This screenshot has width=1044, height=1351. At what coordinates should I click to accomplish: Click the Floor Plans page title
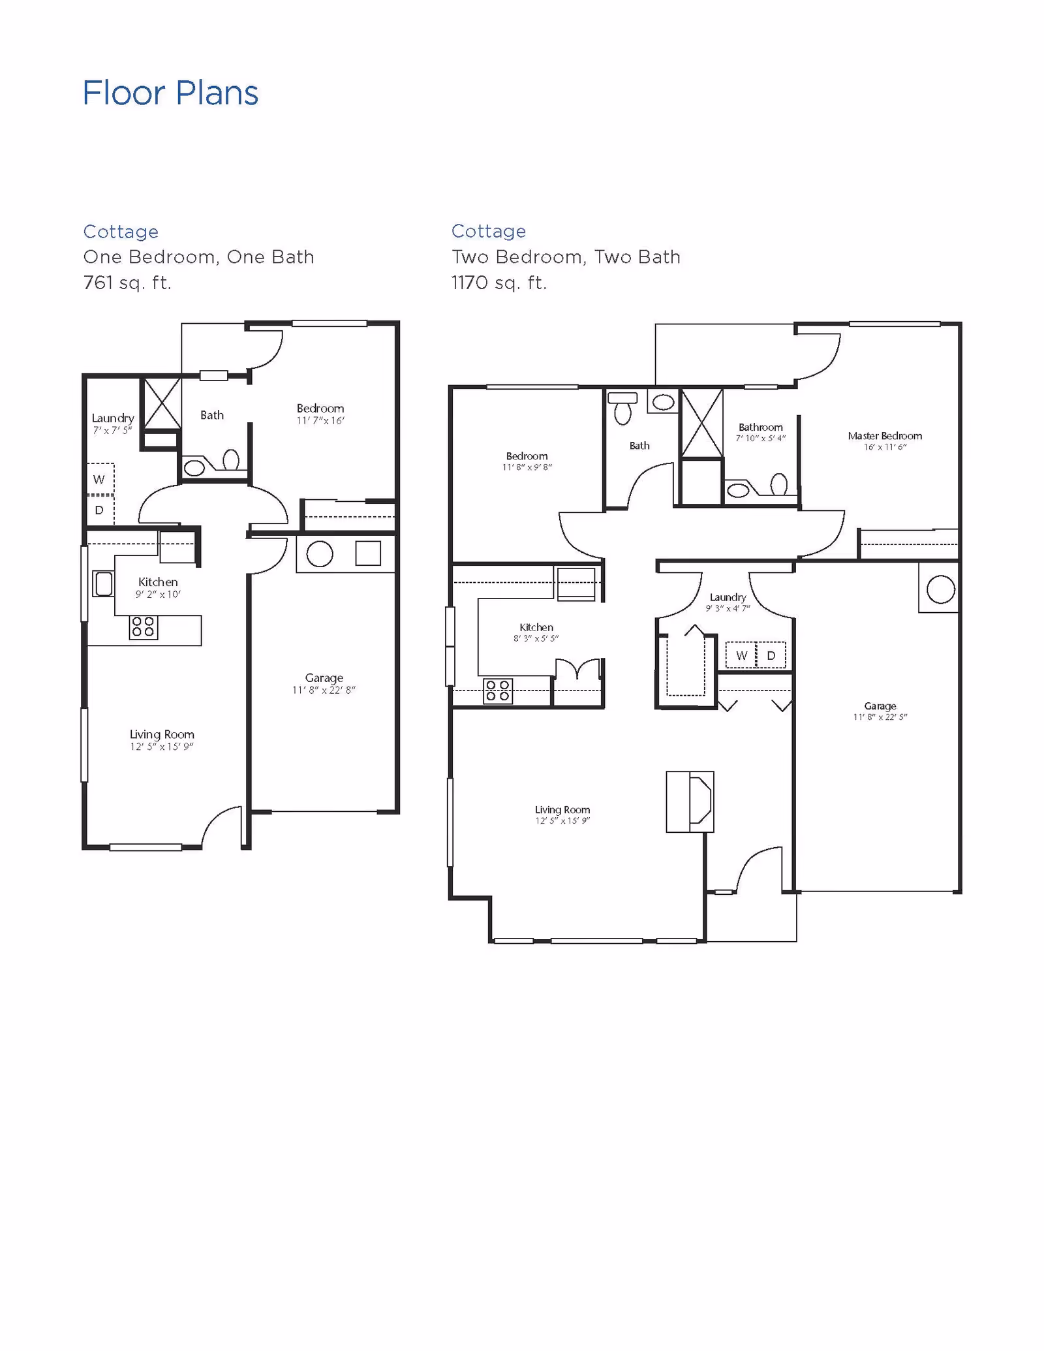(170, 93)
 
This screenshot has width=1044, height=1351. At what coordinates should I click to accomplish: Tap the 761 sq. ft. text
(127, 283)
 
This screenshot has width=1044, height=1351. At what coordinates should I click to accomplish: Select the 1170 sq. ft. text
(499, 283)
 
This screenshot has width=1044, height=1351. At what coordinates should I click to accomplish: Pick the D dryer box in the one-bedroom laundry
(99, 510)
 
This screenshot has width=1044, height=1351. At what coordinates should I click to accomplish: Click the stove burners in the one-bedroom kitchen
(143, 627)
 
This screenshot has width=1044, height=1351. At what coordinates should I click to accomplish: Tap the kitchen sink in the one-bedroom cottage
(103, 584)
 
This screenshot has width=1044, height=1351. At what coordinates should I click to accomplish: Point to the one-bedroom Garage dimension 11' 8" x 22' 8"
(324, 691)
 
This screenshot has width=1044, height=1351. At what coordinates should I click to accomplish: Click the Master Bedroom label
(885, 436)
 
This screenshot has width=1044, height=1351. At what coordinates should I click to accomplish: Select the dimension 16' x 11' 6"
(885, 448)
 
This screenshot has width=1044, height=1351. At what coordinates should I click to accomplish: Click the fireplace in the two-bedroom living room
(690, 801)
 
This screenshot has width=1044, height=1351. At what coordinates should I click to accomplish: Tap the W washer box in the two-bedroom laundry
(741, 656)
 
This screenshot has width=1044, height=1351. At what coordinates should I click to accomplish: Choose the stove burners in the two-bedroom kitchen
(498, 691)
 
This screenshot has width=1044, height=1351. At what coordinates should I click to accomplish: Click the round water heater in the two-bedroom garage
(940, 590)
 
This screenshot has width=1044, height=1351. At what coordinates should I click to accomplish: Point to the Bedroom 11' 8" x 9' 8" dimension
(527, 467)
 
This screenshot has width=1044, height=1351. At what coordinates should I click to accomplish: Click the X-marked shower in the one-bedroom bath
(162, 403)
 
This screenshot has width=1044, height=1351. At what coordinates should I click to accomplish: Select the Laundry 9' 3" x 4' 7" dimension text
(728, 609)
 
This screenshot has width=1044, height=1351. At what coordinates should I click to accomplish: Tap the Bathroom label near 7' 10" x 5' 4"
(760, 427)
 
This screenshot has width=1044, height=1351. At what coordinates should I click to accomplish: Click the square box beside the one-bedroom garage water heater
(368, 553)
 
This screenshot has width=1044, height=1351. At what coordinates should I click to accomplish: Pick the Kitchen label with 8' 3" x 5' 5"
(536, 627)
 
